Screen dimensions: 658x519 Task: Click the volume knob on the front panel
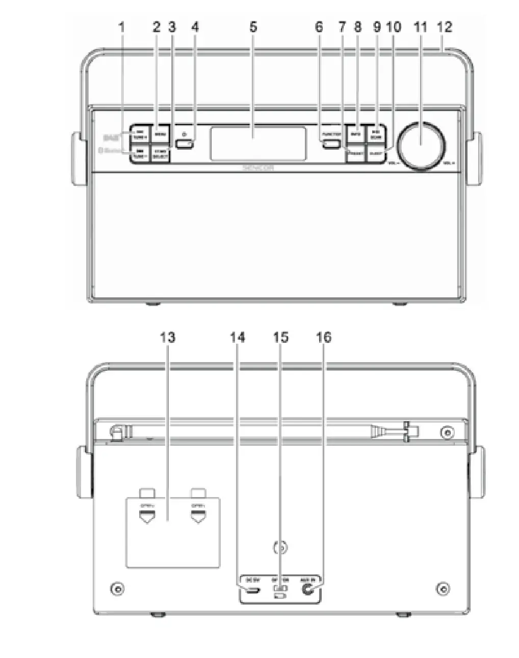tap(421, 145)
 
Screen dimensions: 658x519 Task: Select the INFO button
tap(356, 134)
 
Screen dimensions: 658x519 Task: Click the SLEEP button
tap(376, 153)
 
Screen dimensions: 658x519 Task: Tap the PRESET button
tap(356, 153)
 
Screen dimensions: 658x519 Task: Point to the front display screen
tap(258, 144)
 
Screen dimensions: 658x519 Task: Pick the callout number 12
tap(445, 27)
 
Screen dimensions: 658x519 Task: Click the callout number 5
tap(253, 27)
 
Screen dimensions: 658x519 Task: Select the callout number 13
tap(167, 337)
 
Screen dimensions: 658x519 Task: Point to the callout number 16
tap(324, 337)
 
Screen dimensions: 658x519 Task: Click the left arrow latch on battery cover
tap(147, 517)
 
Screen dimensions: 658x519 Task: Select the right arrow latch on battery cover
tap(198, 517)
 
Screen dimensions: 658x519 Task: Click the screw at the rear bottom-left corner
tap(118, 589)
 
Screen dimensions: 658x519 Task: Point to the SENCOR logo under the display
tap(258, 167)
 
